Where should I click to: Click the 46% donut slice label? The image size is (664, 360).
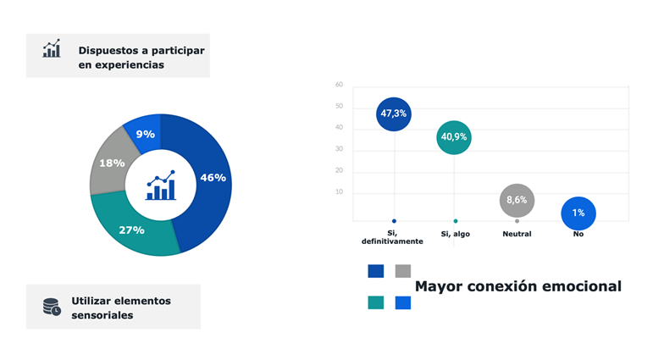tap(213, 178)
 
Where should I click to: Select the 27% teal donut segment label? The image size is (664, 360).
tap(131, 230)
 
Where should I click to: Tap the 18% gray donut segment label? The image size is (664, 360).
tap(113, 163)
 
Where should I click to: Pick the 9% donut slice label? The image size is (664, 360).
tap(145, 134)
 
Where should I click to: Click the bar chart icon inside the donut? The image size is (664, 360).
tap(160, 186)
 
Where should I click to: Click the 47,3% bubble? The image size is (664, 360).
tap(394, 114)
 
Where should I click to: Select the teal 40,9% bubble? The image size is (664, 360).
tap(454, 136)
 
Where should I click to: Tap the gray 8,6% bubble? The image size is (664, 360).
tap(517, 201)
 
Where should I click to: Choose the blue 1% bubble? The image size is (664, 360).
tap(578, 213)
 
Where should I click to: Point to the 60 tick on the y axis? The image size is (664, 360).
tap(339, 85)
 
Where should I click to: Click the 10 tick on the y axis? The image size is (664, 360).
tap(339, 192)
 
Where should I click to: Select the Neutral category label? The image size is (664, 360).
tap(517, 234)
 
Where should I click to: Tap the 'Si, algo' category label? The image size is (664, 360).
tap(456, 234)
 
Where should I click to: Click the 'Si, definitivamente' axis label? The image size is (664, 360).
tap(392, 237)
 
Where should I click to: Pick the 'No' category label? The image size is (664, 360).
tap(578, 234)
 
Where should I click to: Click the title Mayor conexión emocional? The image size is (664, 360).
tap(517, 286)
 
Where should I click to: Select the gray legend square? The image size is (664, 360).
tap(402, 271)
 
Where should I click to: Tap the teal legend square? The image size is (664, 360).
tap(375, 302)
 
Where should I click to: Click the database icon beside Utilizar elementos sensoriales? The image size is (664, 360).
tap(52, 307)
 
